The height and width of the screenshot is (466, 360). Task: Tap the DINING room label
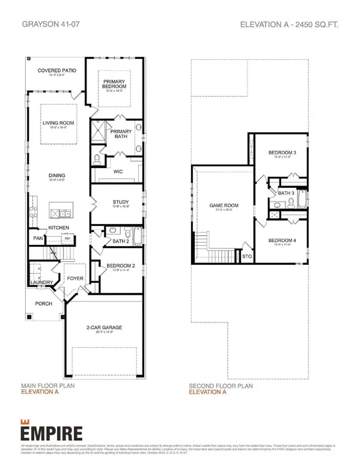(58, 175)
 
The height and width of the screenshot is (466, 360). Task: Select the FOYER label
(75, 279)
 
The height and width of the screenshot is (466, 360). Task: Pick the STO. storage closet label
(246, 256)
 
